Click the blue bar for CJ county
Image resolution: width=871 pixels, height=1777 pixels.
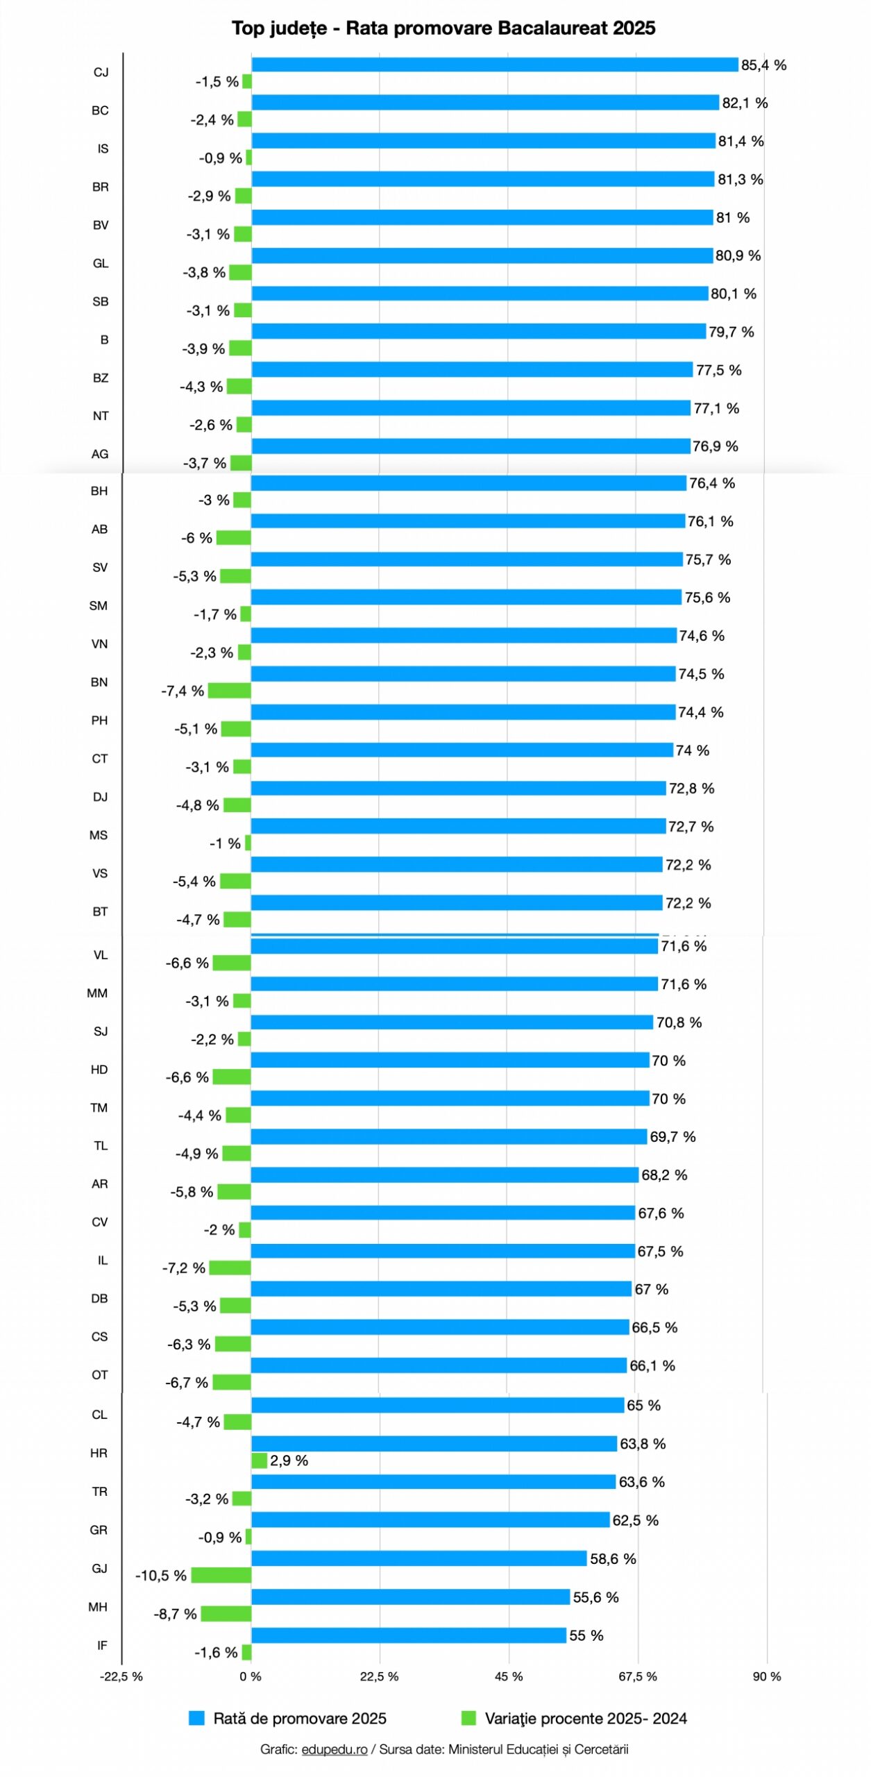(x=494, y=65)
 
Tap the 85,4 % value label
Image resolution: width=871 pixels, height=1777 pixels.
(x=763, y=65)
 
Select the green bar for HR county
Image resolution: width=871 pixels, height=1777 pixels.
(x=259, y=1460)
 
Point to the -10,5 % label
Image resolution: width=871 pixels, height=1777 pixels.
(x=161, y=1575)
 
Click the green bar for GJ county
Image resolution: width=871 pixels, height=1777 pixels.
(x=221, y=1574)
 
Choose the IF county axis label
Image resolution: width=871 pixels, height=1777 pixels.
(x=102, y=1644)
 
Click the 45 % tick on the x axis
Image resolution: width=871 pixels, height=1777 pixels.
(x=509, y=1676)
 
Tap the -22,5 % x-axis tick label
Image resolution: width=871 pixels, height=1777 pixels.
(x=121, y=1676)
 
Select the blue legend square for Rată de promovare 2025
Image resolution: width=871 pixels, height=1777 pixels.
(x=197, y=1718)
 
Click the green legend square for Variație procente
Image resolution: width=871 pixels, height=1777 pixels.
(x=468, y=1718)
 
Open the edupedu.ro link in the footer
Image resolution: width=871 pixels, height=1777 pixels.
(x=334, y=1749)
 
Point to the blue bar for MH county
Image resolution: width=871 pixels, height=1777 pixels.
(x=410, y=1597)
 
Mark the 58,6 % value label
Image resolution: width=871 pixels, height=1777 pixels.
(x=613, y=1558)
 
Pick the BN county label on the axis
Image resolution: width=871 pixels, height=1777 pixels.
(x=99, y=682)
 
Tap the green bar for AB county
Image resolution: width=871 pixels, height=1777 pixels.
(x=233, y=537)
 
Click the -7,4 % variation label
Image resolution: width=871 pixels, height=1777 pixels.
(x=183, y=691)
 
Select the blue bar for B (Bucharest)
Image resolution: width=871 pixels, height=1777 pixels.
(x=478, y=331)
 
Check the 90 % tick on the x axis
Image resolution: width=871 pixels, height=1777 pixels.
(x=767, y=1676)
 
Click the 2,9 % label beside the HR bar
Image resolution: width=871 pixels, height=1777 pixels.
(x=289, y=1460)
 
